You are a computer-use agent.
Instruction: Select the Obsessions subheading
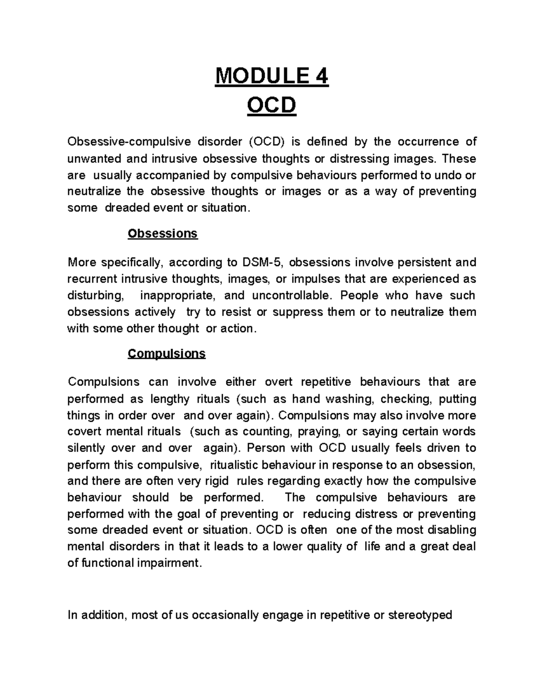coord(162,234)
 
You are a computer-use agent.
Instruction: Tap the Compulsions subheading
coord(166,353)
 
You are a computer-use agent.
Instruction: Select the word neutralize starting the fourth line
coord(94,191)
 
